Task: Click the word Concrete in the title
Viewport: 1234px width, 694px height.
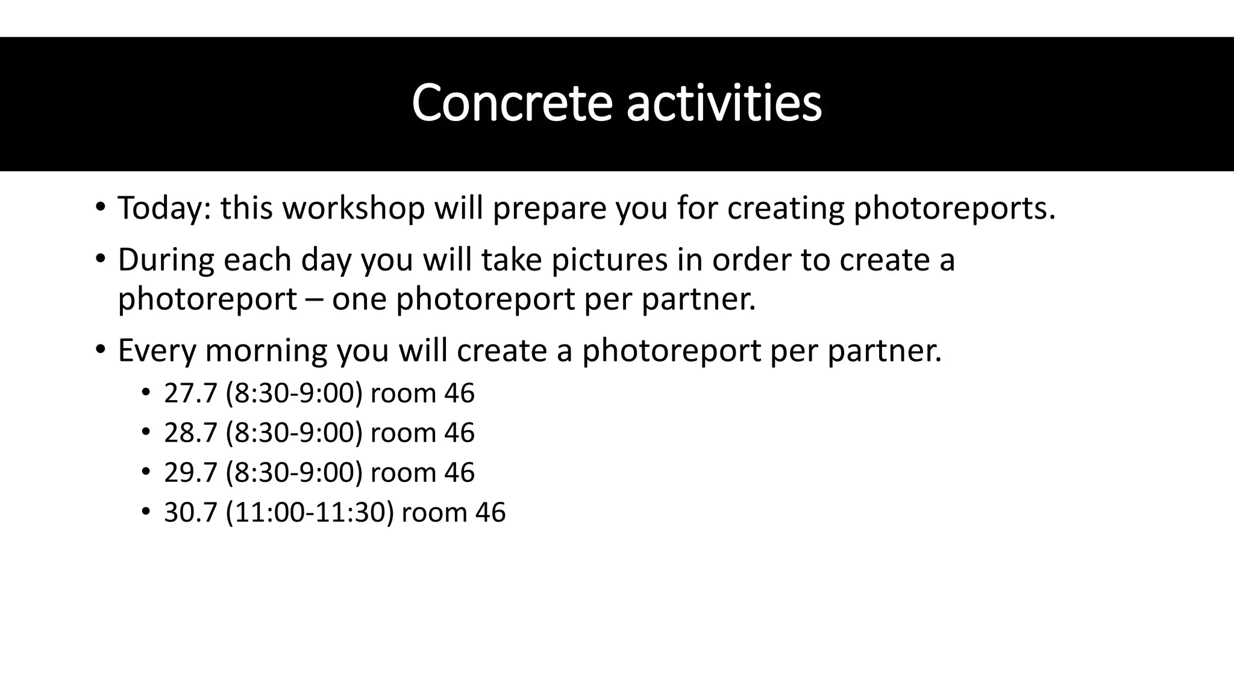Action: tap(512, 103)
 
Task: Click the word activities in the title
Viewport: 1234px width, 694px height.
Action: tap(724, 103)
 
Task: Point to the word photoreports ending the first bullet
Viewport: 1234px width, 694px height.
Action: tap(954, 208)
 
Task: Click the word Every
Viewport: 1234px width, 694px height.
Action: tap(157, 350)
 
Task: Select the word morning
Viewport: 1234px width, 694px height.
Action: tap(266, 350)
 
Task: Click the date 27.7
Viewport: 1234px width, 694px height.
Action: tap(190, 393)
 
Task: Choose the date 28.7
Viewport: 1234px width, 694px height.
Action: tap(190, 433)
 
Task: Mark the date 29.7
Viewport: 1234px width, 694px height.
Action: tap(190, 472)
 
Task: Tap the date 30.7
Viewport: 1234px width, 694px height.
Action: tap(190, 512)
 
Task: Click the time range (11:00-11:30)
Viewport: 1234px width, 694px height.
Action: tap(310, 512)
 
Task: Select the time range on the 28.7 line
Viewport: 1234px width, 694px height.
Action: tap(294, 433)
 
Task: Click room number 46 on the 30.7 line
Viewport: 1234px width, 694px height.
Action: tap(490, 512)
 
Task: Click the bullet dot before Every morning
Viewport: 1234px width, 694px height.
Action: tap(100, 349)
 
